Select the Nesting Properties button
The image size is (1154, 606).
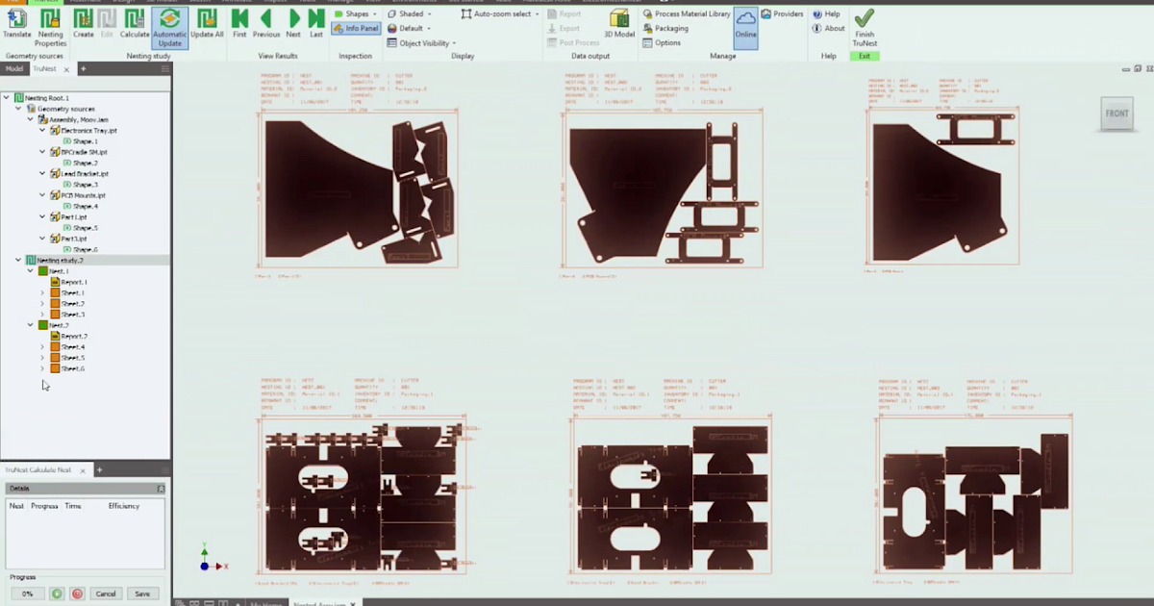(50, 26)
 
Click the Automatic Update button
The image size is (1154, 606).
(169, 26)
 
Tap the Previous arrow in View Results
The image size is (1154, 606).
(266, 23)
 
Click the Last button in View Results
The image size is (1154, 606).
(316, 23)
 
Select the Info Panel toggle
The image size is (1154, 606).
(355, 29)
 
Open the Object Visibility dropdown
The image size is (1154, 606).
(422, 43)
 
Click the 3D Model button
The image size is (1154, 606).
(619, 23)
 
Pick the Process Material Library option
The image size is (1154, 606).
(687, 14)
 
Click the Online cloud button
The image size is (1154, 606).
(745, 23)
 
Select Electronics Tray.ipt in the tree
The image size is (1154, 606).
(88, 130)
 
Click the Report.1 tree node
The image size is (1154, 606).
(74, 282)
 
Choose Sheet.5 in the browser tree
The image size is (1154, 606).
(73, 358)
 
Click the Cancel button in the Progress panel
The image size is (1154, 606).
(105, 593)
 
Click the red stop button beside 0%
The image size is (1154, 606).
(77, 593)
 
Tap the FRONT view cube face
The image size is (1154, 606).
(1116, 114)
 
